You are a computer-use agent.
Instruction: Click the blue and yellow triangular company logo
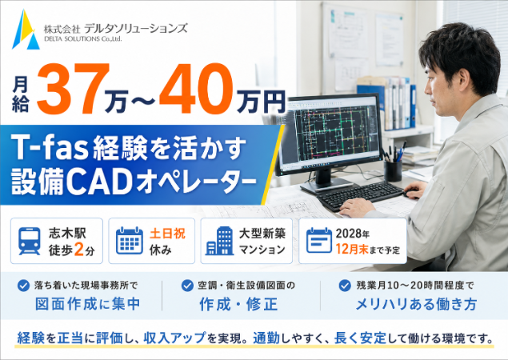point(26,30)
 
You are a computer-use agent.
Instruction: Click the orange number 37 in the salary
point(74,89)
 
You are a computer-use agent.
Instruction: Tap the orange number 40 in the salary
point(196,89)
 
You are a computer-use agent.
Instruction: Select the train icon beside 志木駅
point(30,241)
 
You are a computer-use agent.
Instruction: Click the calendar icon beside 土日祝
point(130,241)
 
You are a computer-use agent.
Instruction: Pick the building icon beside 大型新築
point(220,241)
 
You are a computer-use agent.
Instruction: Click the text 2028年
point(353,233)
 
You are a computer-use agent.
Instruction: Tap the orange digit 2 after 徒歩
point(79,250)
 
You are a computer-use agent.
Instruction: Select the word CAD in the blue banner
point(100,183)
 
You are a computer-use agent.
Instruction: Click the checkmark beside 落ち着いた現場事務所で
point(23,286)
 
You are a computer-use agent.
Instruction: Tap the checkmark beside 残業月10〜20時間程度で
point(345,286)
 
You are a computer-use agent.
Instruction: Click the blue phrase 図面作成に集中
point(87,304)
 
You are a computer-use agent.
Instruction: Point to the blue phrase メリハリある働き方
point(416,304)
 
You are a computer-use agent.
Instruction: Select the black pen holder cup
point(393,170)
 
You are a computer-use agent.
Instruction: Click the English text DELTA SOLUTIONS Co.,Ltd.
point(82,39)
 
